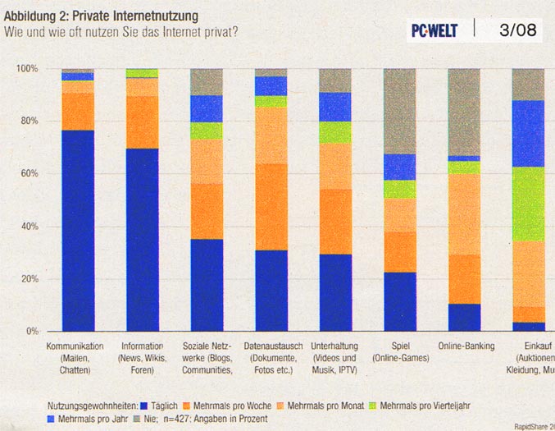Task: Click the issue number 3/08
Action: tap(517, 30)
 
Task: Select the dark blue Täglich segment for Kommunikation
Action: tap(78, 230)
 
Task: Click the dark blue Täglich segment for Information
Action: tap(142, 239)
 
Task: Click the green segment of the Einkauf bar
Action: tap(528, 204)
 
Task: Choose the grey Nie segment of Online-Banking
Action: tap(464, 112)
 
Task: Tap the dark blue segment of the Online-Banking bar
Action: tap(464, 317)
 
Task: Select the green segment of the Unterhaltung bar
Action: tap(335, 132)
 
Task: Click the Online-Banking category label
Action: tap(466, 346)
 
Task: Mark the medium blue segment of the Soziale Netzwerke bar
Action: tap(207, 108)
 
